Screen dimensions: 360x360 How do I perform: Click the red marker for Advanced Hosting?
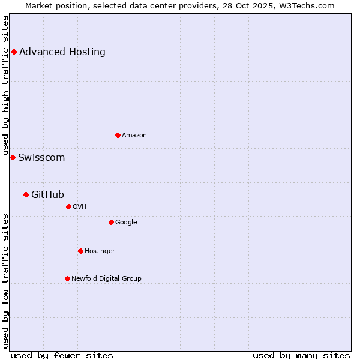pyautogui.click(x=14, y=52)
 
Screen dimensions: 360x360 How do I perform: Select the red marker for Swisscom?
pyautogui.click(x=13, y=157)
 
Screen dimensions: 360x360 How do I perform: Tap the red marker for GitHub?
pyautogui.click(x=26, y=194)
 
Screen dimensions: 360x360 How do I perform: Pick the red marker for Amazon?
pyautogui.click(x=118, y=135)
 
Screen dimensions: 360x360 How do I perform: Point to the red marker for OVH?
pyautogui.click(x=68, y=206)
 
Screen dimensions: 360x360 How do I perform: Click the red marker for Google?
pyautogui.click(x=111, y=222)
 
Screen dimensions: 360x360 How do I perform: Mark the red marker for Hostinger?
pyautogui.click(x=80, y=251)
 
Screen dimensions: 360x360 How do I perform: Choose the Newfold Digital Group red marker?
pyautogui.click(x=67, y=278)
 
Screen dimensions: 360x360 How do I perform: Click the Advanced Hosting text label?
pyautogui.click(x=62, y=52)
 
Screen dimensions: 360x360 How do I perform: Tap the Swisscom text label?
pyautogui.click(x=41, y=158)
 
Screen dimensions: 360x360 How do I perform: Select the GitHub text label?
pyautogui.click(x=47, y=194)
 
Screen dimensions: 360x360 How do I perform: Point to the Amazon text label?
pyautogui.click(x=134, y=136)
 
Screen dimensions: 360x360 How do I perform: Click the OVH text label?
pyautogui.click(x=80, y=207)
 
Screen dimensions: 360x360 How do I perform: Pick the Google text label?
pyautogui.click(x=126, y=223)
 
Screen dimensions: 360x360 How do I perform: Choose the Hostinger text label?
pyautogui.click(x=100, y=251)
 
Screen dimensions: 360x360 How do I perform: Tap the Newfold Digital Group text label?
pyautogui.click(x=106, y=279)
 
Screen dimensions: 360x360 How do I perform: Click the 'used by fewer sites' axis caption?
pyautogui.click(x=62, y=355)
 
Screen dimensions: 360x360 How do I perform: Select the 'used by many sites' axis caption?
pyautogui.click(x=301, y=355)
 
